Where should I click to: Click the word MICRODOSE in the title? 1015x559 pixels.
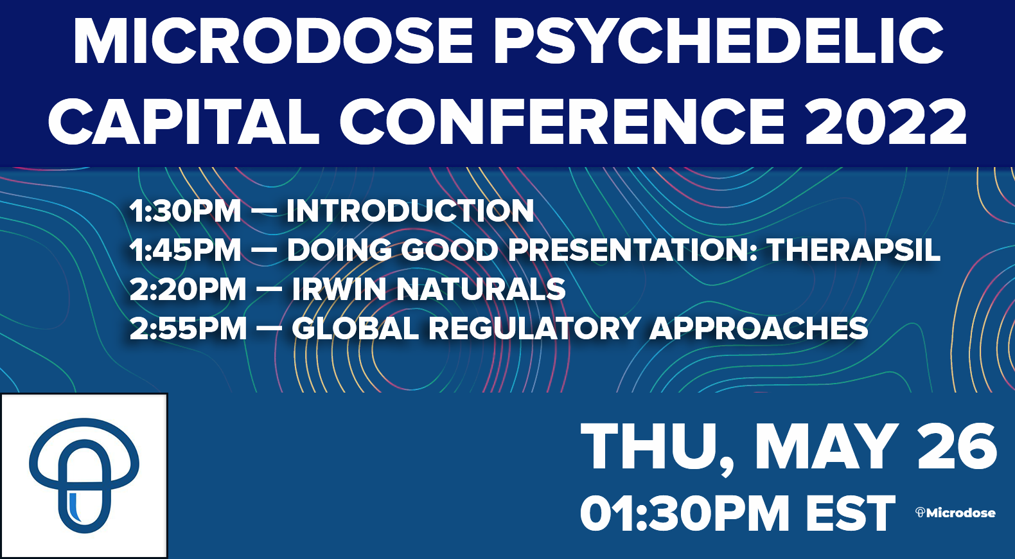coord(273,41)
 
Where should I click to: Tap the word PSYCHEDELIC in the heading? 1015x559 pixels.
coord(719,41)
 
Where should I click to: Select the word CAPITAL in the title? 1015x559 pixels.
coord(184,121)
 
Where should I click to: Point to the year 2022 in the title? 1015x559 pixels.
coord(887,121)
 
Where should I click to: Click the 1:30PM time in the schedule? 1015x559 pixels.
coord(185,211)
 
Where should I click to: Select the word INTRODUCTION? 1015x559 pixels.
coord(410,211)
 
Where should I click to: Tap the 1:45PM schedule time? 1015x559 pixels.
coord(185,250)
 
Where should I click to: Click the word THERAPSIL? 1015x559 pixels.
coord(853,250)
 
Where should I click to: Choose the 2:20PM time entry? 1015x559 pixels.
coord(188,288)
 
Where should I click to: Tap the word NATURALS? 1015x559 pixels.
coord(481,288)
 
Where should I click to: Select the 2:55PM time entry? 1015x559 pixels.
coord(188,328)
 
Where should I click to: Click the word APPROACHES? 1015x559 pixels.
coord(759,328)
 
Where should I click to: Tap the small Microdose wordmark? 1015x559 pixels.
coord(955,513)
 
